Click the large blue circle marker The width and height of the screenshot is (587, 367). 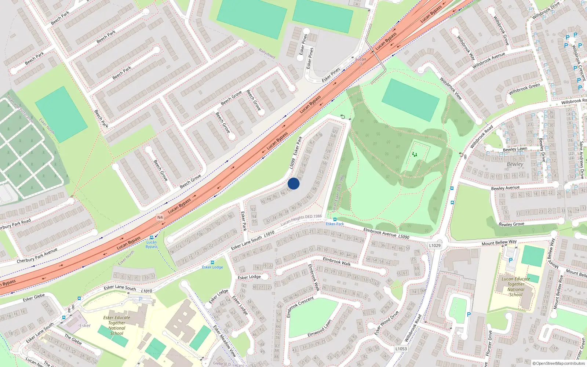[x=293, y=183]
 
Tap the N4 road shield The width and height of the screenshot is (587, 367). [x=160, y=217]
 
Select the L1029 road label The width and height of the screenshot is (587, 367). [x=435, y=246]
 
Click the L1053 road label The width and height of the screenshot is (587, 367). [x=401, y=349]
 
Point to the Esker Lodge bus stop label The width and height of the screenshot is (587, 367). [x=212, y=267]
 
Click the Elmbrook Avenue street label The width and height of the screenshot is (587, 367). [x=380, y=232]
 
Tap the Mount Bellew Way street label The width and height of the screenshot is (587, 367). [x=499, y=243]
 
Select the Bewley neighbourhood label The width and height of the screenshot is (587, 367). [x=515, y=164]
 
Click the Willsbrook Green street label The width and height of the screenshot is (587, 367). [x=524, y=89]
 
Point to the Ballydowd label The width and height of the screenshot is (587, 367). [x=267, y=54]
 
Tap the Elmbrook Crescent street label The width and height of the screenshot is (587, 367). [x=300, y=307]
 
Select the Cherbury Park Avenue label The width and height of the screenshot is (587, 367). [x=37, y=256]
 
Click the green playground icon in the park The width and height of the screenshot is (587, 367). [x=415, y=155]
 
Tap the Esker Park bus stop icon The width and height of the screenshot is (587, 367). [x=335, y=219]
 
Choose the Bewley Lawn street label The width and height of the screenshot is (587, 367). [x=515, y=149]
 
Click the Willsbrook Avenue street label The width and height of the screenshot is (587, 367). [x=488, y=61]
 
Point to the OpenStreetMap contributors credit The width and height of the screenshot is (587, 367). [x=558, y=363]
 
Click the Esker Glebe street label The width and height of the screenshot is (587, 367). [x=34, y=297]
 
